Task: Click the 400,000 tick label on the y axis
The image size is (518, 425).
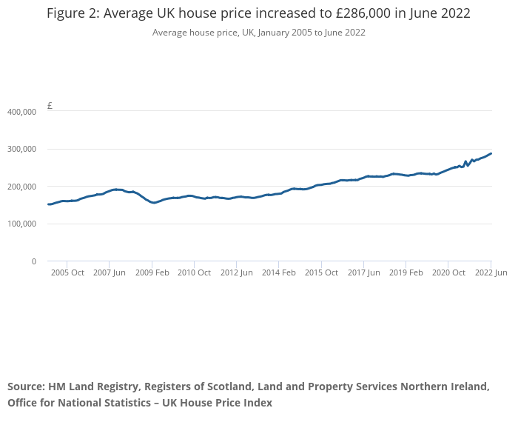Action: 21,112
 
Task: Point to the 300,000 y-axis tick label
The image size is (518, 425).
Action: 21,149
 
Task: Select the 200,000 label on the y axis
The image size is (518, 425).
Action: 21,187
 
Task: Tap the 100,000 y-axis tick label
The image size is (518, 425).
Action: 21,224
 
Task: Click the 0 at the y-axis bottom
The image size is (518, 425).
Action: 33,261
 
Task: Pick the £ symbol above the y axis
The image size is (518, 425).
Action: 50,106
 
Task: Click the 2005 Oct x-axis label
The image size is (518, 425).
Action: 67,272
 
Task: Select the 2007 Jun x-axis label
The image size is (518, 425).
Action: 110,272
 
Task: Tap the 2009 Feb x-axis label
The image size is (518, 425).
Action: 152,272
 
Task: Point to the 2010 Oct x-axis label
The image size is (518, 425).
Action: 194,272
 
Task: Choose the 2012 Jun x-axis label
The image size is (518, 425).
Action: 237,272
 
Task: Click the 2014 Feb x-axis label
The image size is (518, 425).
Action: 279,272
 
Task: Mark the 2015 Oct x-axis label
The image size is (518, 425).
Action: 321,272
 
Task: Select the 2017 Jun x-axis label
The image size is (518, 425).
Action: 363,272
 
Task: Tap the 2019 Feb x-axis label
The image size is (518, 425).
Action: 406,272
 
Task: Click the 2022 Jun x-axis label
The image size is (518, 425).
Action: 491,272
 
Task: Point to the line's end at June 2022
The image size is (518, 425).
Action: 491,153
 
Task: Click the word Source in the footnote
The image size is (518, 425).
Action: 26,386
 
